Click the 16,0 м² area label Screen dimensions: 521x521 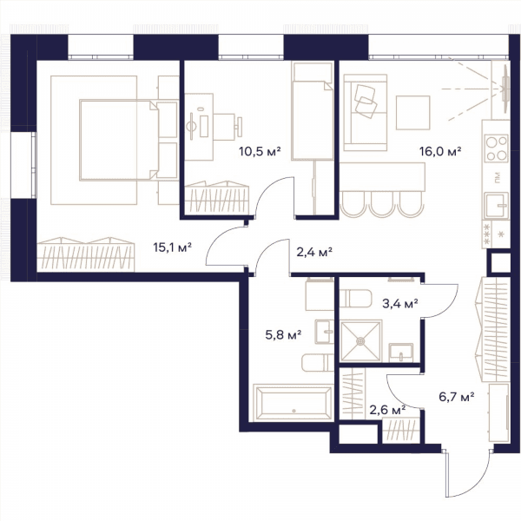440,151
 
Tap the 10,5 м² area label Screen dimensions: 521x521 260,151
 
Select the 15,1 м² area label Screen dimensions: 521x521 173,247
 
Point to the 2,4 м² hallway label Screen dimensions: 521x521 314,252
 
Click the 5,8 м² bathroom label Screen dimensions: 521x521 283,334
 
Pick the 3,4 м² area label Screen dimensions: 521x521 399,303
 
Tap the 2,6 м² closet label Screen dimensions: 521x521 387,410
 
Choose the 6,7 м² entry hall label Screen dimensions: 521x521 456,397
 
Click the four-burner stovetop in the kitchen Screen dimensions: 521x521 496,148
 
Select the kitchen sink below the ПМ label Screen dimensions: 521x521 496,206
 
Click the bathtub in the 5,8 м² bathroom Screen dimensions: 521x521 293,403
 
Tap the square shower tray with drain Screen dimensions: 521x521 360,341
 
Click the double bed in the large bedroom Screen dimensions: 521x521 119,140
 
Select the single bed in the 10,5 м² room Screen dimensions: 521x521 313,111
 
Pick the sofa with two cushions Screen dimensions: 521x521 366,112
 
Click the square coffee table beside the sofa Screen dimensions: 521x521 413,113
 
